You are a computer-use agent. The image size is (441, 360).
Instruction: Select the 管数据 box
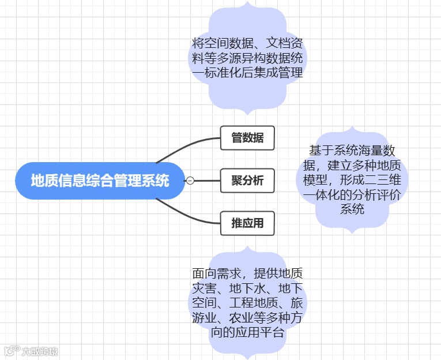coord(247,138)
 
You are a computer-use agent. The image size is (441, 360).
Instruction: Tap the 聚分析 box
coord(247,181)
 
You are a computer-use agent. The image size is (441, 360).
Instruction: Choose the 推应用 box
coord(247,223)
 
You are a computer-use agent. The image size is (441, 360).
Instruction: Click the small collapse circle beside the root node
coord(190,181)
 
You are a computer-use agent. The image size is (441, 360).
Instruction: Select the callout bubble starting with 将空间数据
coord(247,58)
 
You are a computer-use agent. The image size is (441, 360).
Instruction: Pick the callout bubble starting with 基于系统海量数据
coord(352,179)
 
